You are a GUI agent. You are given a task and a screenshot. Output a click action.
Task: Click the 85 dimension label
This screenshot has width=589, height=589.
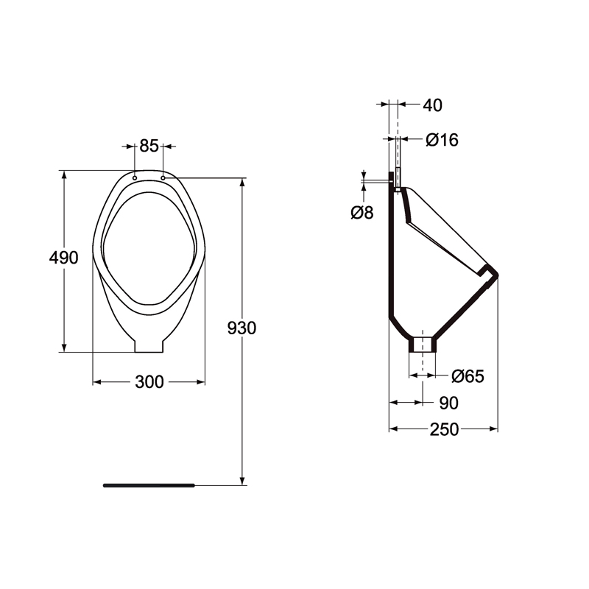pyautogui.click(x=149, y=146)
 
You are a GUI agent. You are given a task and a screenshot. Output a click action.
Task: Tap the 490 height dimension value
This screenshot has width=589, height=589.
pyautogui.click(x=64, y=258)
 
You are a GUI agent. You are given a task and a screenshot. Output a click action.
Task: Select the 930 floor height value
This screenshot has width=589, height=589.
pyautogui.click(x=242, y=328)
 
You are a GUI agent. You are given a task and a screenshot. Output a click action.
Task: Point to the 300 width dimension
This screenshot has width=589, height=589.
pyautogui.click(x=149, y=382)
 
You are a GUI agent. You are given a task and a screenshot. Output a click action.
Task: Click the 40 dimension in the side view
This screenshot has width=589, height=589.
pyautogui.click(x=432, y=105)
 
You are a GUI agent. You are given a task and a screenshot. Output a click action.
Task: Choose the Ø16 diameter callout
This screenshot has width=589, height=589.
pyautogui.click(x=442, y=140)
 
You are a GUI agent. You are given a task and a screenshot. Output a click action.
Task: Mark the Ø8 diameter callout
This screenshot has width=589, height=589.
pyautogui.click(x=362, y=213)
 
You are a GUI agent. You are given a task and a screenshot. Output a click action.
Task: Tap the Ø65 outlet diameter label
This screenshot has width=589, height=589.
pyautogui.click(x=468, y=376)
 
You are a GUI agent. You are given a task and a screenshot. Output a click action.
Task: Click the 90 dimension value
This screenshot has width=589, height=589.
pyautogui.click(x=449, y=403)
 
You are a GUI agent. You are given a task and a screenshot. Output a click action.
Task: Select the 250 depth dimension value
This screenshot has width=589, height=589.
pyautogui.click(x=445, y=429)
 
